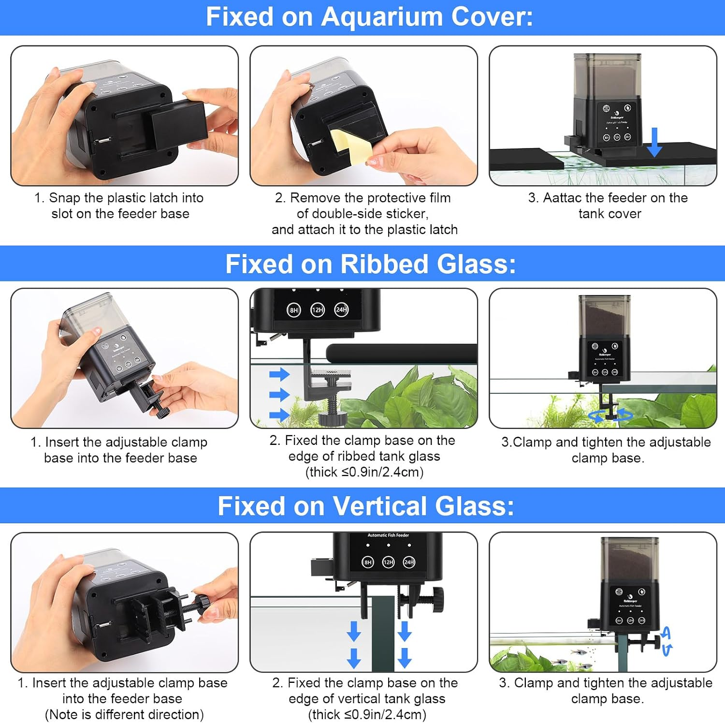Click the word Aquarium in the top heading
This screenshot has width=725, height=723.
pyautogui.click(x=381, y=17)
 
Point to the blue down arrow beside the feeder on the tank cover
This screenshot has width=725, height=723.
pyautogui.click(x=654, y=142)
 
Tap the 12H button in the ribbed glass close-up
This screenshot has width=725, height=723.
pyautogui.click(x=318, y=310)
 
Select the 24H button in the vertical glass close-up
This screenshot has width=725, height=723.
pyautogui.click(x=409, y=562)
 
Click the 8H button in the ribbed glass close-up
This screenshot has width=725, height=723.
pyautogui.click(x=294, y=310)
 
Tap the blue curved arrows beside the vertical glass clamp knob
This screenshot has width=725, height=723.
pyautogui.click(x=667, y=641)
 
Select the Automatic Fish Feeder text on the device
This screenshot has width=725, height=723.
pyautogui.click(x=388, y=535)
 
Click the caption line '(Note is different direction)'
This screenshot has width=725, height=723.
pyautogui.click(x=124, y=714)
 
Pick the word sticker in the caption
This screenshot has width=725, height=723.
pyautogui.click(x=405, y=214)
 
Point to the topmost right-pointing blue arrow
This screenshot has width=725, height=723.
pyautogui.click(x=279, y=374)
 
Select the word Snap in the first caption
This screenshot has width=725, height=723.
pyautogui.click(x=65, y=198)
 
